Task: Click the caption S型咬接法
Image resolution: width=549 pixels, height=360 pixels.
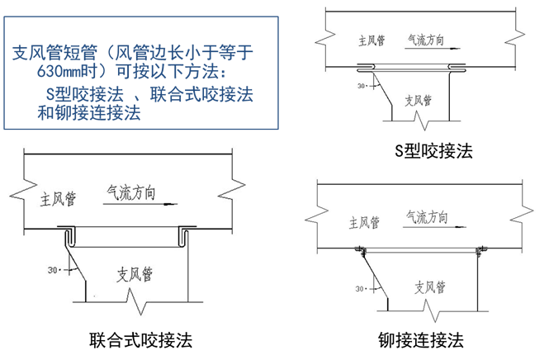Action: tap(433, 151)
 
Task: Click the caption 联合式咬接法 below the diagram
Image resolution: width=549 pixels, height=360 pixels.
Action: tap(140, 340)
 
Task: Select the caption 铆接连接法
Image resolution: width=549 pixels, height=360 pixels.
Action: tap(421, 340)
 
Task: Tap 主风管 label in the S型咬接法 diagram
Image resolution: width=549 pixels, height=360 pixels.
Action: tap(372, 40)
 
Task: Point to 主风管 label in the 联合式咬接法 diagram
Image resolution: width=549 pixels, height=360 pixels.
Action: tap(58, 199)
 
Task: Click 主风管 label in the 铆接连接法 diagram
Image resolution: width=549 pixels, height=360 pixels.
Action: tap(364, 222)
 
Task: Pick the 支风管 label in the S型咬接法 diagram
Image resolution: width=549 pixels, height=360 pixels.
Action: tap(418, 101)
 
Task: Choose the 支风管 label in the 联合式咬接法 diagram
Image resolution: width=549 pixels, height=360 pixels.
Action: tap(135, 274)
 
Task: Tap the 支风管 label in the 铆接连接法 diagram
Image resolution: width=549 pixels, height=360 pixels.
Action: tap(430, 287)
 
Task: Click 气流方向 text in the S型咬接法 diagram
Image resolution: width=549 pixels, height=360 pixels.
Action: tap(426, 40)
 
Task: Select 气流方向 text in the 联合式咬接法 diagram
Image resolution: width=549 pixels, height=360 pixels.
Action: tap(131, 192)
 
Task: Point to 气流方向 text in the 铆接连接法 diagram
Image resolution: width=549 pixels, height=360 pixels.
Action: tap(427, 217)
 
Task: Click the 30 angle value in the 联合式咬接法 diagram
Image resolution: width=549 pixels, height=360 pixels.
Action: tap(53, 270)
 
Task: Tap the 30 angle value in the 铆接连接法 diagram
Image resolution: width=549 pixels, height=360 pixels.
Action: tap(360, 289)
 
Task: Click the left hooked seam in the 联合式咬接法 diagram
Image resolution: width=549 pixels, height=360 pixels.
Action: tap(69, 237)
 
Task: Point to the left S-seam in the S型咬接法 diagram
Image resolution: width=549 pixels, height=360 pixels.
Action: tap(367, 67)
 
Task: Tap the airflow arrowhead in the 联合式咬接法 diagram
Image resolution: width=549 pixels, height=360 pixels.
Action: tap(171, 204)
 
